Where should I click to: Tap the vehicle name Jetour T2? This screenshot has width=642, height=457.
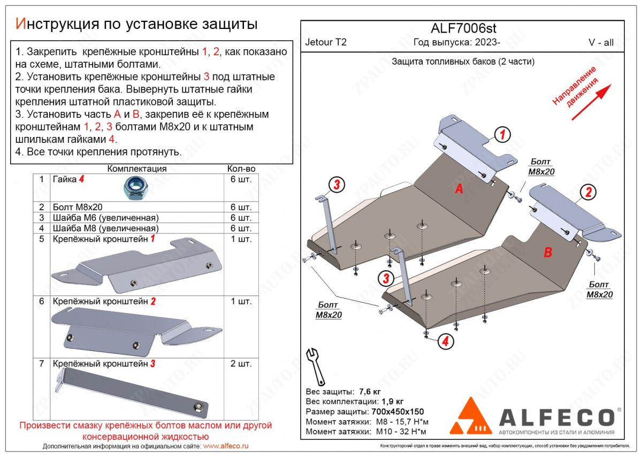[325, 43]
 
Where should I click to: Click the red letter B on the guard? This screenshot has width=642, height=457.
[547, 253]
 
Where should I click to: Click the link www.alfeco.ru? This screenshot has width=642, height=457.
[226, 446]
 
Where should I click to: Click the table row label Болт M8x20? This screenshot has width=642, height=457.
[78, 207]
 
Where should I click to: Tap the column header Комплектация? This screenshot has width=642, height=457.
[137, 169]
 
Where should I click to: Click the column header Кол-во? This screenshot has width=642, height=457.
[241, 169]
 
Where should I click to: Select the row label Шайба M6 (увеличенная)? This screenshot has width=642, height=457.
[105, 217]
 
